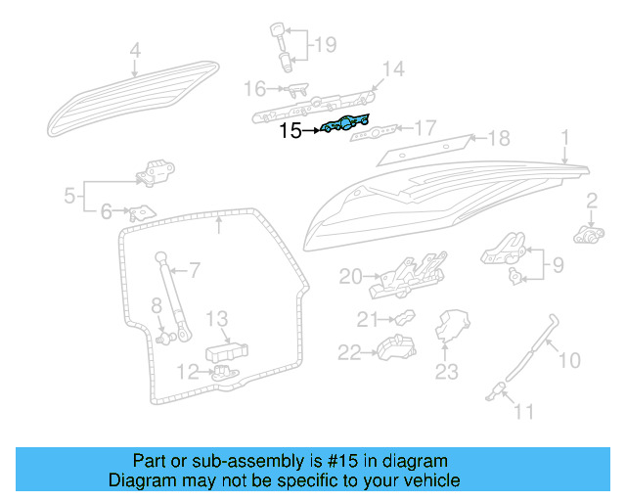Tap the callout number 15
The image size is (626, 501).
pyautogui.click(x=291, y=130)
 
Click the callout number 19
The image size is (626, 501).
pyautogui.click(x=324, y=44)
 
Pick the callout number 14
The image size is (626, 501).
pyautogui.click(x=391, y=68)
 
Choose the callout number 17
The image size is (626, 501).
pyautogui.click(x=425, y=128)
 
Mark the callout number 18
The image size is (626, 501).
pyautogui.click(x=498, y=138)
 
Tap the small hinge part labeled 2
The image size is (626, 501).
pyautogui.click(x=587, y=235)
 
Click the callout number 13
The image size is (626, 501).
pyautogui.click(x=217, y=318)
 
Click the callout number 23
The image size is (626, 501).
pyautogui.click(x=446, y=371)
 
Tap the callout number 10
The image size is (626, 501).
pyautogui.click(x=568, y=360)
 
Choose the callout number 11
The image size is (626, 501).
pyautogui.click(x=524, y=412)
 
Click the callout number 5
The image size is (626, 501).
pyautogui.click(x=69, y=196)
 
